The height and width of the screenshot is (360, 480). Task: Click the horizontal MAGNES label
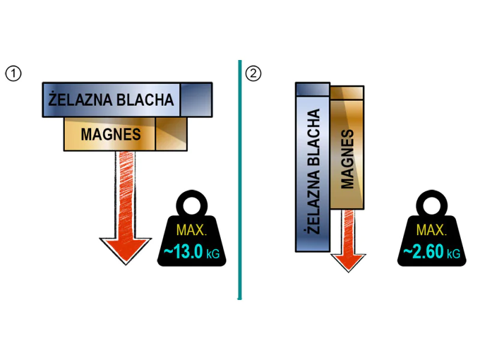[x=110, y=134]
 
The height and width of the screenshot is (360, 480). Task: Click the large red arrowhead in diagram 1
[x=125, y=249]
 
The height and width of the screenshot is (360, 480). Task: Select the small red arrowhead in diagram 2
[x=349, y=260]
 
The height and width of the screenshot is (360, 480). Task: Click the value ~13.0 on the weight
[x=183, y=252]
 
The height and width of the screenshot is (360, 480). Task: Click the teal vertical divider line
[x=239, y=180]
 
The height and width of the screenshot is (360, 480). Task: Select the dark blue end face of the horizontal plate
[x=196, y=100]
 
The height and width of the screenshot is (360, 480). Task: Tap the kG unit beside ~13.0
[x=213, y=254]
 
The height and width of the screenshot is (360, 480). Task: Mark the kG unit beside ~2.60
[x=453, y=254]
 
